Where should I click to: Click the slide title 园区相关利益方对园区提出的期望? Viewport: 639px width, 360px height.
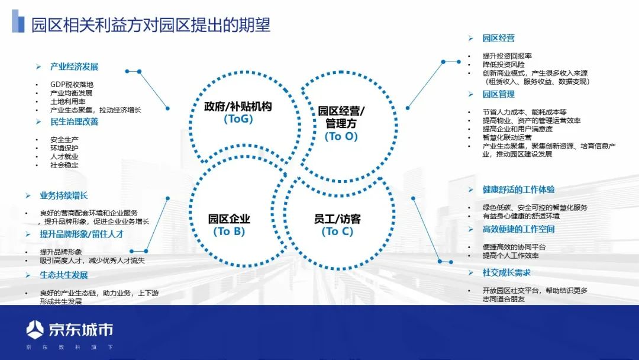151,24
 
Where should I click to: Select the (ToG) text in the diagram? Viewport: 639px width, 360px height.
238,119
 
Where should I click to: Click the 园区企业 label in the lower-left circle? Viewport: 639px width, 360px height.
229,218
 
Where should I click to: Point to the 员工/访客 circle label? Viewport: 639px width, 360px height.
337,218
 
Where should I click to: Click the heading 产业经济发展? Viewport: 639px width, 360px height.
74,66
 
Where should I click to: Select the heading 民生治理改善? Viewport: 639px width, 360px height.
74,122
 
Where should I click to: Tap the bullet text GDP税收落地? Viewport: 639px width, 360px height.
72,85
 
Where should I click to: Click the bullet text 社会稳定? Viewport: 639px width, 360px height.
64,165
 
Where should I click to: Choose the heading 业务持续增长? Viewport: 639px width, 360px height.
63,195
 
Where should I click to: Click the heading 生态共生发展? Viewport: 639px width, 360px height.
63,275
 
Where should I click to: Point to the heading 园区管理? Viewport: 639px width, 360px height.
498,94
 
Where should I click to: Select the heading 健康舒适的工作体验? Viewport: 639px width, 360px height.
518,189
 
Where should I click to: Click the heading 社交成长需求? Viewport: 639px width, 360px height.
506,272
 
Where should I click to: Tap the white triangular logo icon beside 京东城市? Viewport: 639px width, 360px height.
35,329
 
